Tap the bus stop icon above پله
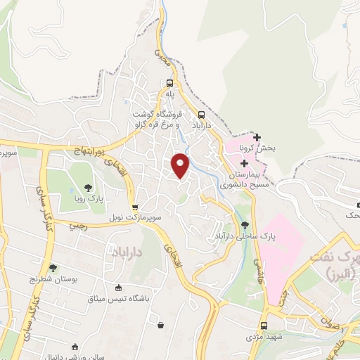169,83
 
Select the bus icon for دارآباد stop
202,116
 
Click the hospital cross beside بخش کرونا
257,137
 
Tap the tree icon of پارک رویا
89,187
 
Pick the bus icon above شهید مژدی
264,326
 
